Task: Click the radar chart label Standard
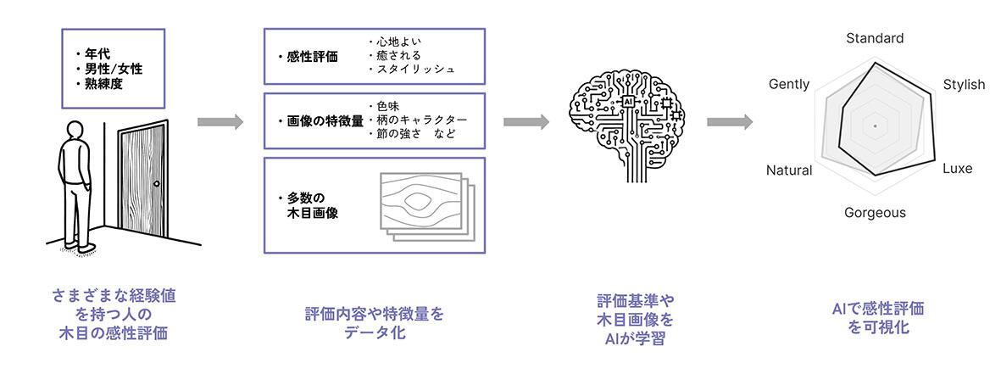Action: (x=875, y=38)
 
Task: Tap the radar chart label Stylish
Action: (x=964, y=85)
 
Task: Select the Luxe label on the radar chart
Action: (x=957, y=169)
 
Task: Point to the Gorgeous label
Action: (x=875, y=213)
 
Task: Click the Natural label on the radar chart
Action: (x=788, y=170)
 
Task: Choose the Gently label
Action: (x=788, y=85)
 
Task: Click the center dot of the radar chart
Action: (x=875, y=126)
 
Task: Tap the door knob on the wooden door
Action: (x=156, y=184)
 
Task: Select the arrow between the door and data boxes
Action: (x=220, y=122)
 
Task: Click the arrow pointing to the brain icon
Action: (x=526, y=122)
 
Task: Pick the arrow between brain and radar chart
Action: (x=729, y=122)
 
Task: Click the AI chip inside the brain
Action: (x=628, y=101)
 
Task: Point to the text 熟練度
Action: (x=103, y=84)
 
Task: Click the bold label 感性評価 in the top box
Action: (x=312, y=58)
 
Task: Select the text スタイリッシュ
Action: (x=415, y=69)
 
